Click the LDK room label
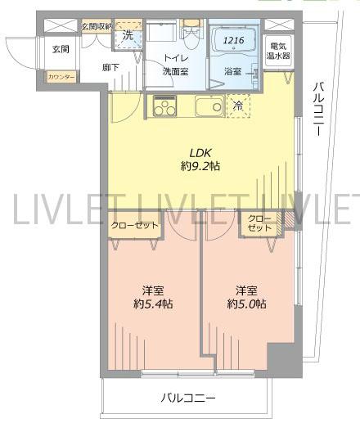pos(200,152)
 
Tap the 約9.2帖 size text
pos(200,166)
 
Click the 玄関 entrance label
pos(61,50)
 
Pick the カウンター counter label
pos(61,77)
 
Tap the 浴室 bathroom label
pos(234,72)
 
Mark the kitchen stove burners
pos(164,106)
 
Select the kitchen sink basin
pos(209,106)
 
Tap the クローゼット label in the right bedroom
pos(259,223)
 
